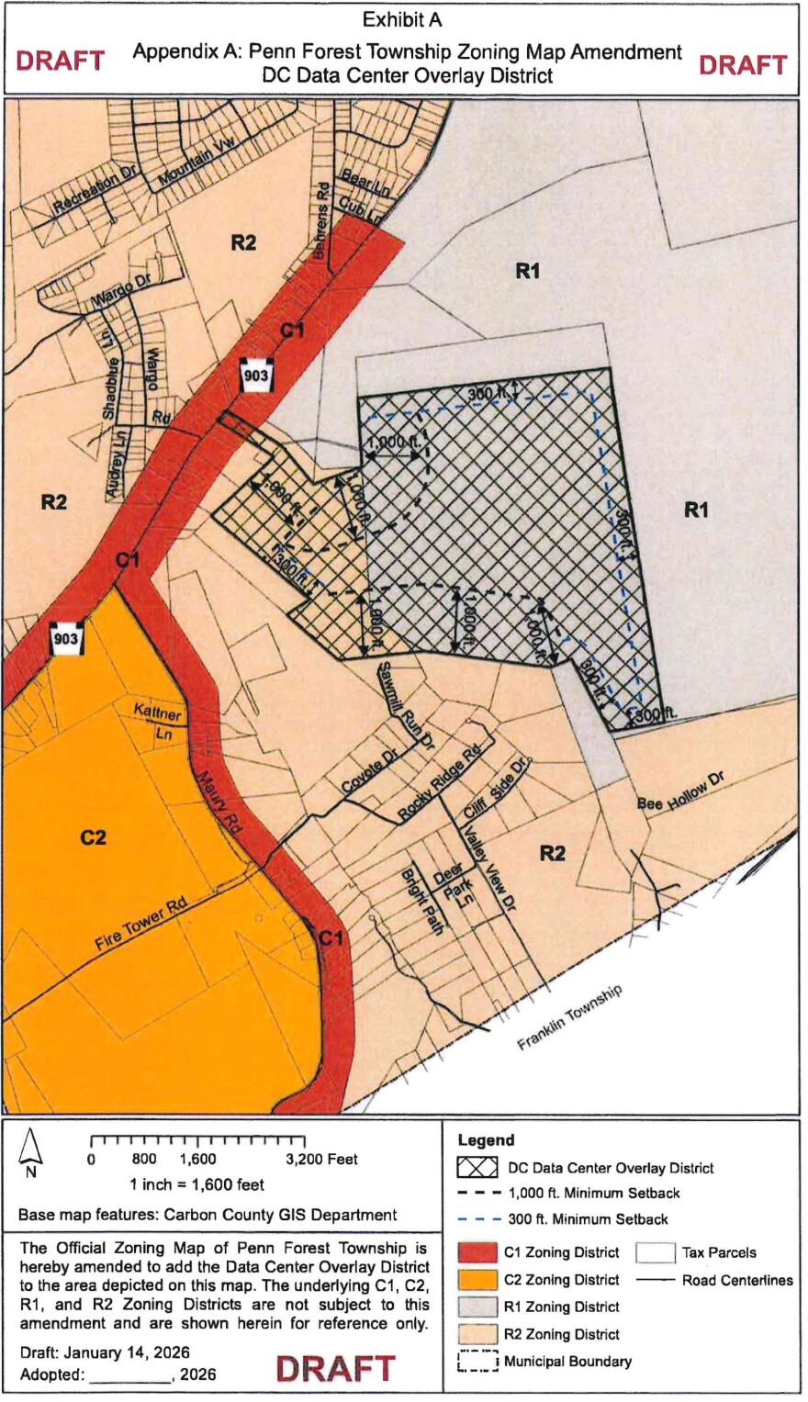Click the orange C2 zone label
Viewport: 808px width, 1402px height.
pyautogui.click(x=93, y=837)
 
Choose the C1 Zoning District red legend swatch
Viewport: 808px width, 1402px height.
pyautogui.click(x=477, y=1252)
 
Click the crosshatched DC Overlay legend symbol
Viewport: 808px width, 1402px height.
pyautogui.click(x=477, y=1168)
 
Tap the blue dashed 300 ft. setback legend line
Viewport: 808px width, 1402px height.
pyautogui.click(x=477, y=1219)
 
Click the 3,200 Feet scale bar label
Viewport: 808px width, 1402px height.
pyautogui.click(x=320, y=1160)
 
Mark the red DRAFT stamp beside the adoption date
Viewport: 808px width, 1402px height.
pyautogui.click(x=335, y=1368)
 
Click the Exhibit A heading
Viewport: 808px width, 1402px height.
pyautogui.click(x=403, y=20)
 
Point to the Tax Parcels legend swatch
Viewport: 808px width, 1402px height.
pyautogui.click(x=656, y=1252)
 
